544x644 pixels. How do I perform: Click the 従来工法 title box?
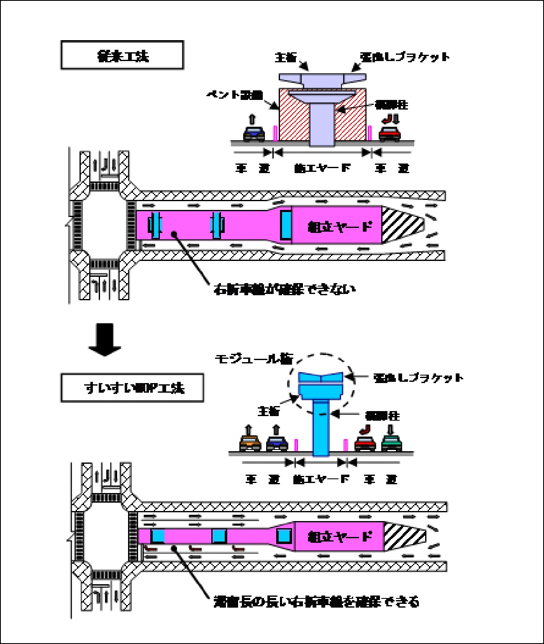[122, 55]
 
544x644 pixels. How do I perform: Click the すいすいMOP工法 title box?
[132, 388]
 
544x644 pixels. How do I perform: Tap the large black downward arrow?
[105, 340]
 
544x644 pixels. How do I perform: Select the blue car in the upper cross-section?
[254, 133]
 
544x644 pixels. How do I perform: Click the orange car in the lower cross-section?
[250, 443]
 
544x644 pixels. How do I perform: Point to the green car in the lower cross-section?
[392, 443]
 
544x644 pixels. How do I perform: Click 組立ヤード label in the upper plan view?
[339, 226]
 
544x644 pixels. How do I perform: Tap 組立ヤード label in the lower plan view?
[339, 536]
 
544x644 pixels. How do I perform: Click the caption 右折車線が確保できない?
[285, 289]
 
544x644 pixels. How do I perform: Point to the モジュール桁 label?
[254, 359]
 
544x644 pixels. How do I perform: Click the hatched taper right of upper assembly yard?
[401, 225]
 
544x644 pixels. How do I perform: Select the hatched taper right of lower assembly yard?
[403, 537]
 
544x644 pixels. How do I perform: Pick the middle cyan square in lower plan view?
[219, 536]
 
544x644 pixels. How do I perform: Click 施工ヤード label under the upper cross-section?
[322, 168]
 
